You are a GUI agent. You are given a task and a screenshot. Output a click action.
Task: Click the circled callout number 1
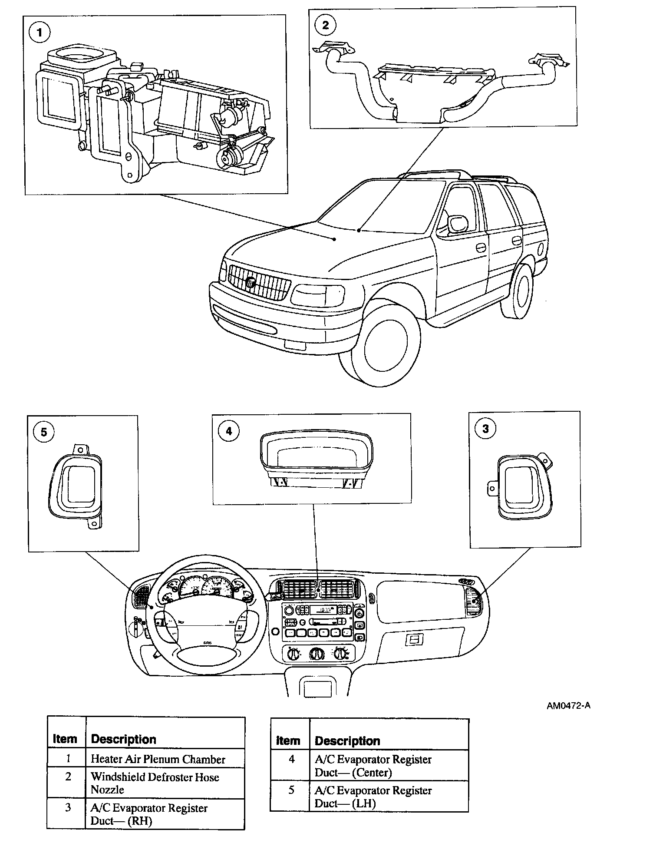click(40, 33)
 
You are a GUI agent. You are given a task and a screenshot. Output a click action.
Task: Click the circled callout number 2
click(325, 25)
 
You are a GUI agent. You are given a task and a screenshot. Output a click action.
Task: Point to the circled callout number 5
click(43, 432)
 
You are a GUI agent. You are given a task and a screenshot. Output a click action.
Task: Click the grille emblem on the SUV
click(251, 283)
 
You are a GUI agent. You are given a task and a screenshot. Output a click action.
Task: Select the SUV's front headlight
click(317, 295)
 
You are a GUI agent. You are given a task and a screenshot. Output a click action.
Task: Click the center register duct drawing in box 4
click(317, 461)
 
